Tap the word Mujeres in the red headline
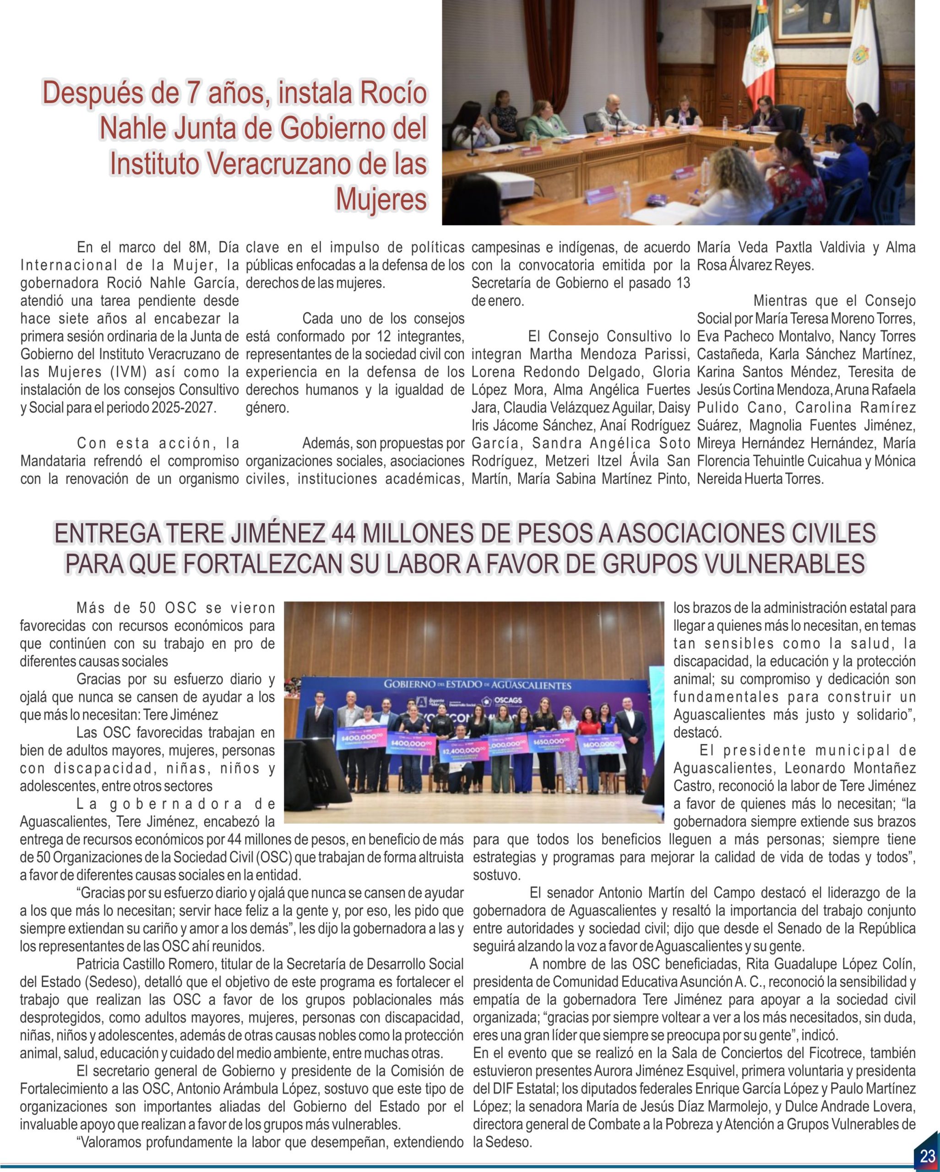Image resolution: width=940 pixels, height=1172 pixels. tap(381, 199)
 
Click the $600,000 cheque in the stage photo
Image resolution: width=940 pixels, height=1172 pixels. tap(601, 745)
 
